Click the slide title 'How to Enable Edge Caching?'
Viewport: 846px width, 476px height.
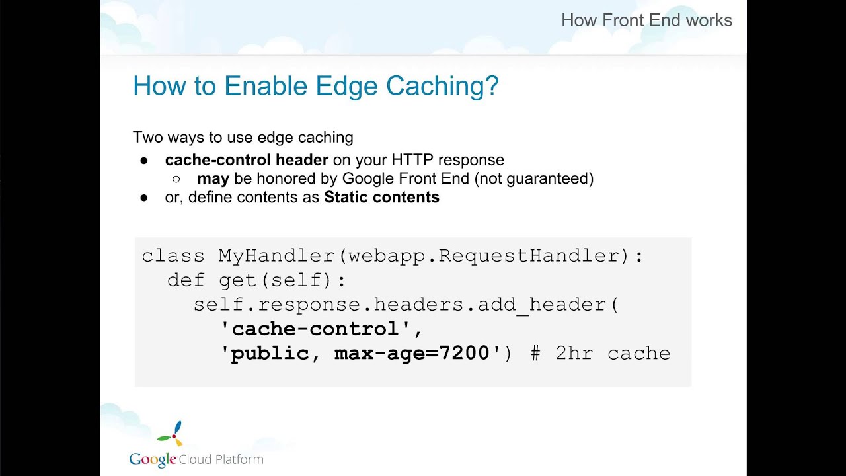coord(315,87)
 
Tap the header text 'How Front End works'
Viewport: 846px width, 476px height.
coord(646,20)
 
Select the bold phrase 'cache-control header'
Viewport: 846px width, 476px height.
coord(247,160)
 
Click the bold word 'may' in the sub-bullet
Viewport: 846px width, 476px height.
coord(213,178)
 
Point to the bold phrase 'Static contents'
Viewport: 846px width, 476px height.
coord(381,197)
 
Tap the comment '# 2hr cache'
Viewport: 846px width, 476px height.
coord(600,353)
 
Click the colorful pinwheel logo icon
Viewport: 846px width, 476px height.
coord(171,434)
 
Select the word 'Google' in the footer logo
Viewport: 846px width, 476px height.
coord(152,459)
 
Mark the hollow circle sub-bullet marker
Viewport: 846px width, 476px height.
coord(176,178)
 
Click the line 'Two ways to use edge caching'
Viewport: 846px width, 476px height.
coord(243,138)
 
